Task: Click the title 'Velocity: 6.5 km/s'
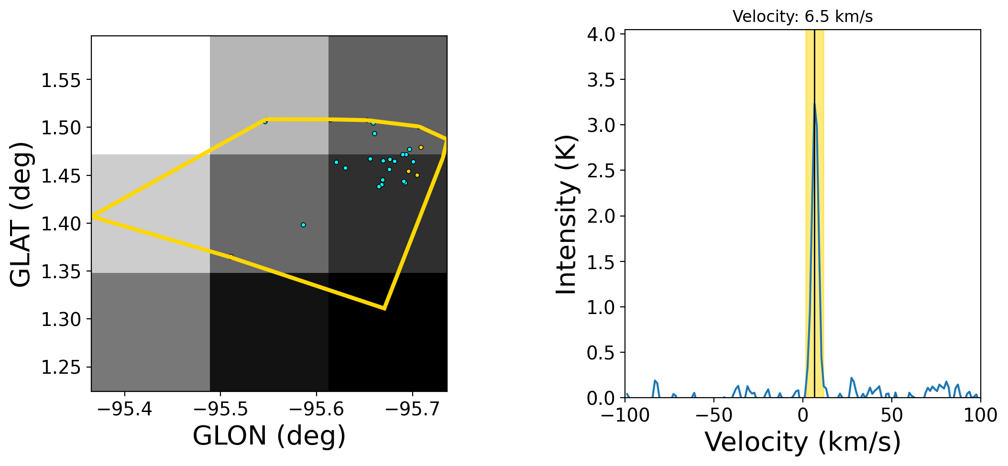point(802,17)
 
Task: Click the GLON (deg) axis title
point(269,436)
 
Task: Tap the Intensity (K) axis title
point(566,214)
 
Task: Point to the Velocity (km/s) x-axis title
point(803,442)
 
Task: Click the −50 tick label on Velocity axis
point(714,415)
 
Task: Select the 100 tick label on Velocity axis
point(980,415)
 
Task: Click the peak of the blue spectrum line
point(814,103)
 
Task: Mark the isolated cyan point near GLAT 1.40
point(303,225)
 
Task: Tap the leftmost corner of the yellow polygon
point(92,217)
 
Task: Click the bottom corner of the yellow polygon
point(384,308)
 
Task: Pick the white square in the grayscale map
point(151,95)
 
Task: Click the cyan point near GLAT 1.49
point(374,133)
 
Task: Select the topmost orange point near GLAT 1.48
point(421,147)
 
